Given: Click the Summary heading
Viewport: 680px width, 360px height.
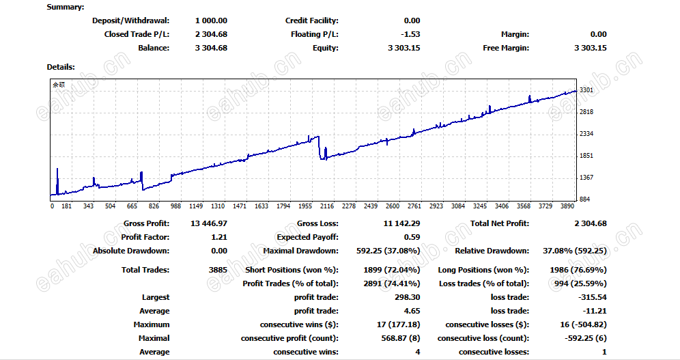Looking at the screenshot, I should click(66, 7).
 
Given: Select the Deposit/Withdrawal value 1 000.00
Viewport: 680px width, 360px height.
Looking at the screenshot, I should click(211, 20).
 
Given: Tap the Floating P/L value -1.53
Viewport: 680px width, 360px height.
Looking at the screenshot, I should click(412, 34).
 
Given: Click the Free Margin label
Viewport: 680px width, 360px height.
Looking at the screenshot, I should click(506, 48).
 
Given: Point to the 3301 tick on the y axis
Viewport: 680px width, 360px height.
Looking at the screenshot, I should click(586, 90).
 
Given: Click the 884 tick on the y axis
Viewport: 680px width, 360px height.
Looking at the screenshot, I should click(584, 199).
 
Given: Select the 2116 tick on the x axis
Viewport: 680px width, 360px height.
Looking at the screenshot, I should click(327, 206).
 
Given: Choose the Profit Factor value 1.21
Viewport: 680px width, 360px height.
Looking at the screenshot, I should click(219, 237).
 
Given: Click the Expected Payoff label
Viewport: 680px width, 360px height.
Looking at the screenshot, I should click(309, 237).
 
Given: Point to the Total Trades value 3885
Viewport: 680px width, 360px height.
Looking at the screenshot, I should click(218, 270).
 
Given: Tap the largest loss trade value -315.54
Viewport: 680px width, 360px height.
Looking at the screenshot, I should click(591, 297).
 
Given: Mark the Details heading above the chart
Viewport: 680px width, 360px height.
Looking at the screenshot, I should click(61, 67).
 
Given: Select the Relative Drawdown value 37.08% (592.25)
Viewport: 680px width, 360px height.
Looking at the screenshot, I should click(574, 251).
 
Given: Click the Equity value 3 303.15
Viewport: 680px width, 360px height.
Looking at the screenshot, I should click(403, 48).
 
